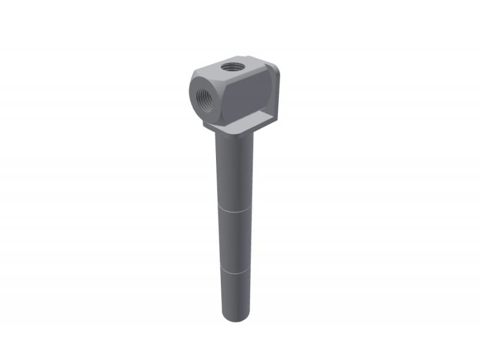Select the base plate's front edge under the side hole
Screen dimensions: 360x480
(216, 128)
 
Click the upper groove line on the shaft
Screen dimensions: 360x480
(233, 211)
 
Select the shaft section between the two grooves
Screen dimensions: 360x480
(233, 240)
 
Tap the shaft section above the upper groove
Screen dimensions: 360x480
(233, 174)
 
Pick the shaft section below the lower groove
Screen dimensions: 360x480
(234, 294)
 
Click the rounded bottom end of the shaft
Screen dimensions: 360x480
(235, 317)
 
